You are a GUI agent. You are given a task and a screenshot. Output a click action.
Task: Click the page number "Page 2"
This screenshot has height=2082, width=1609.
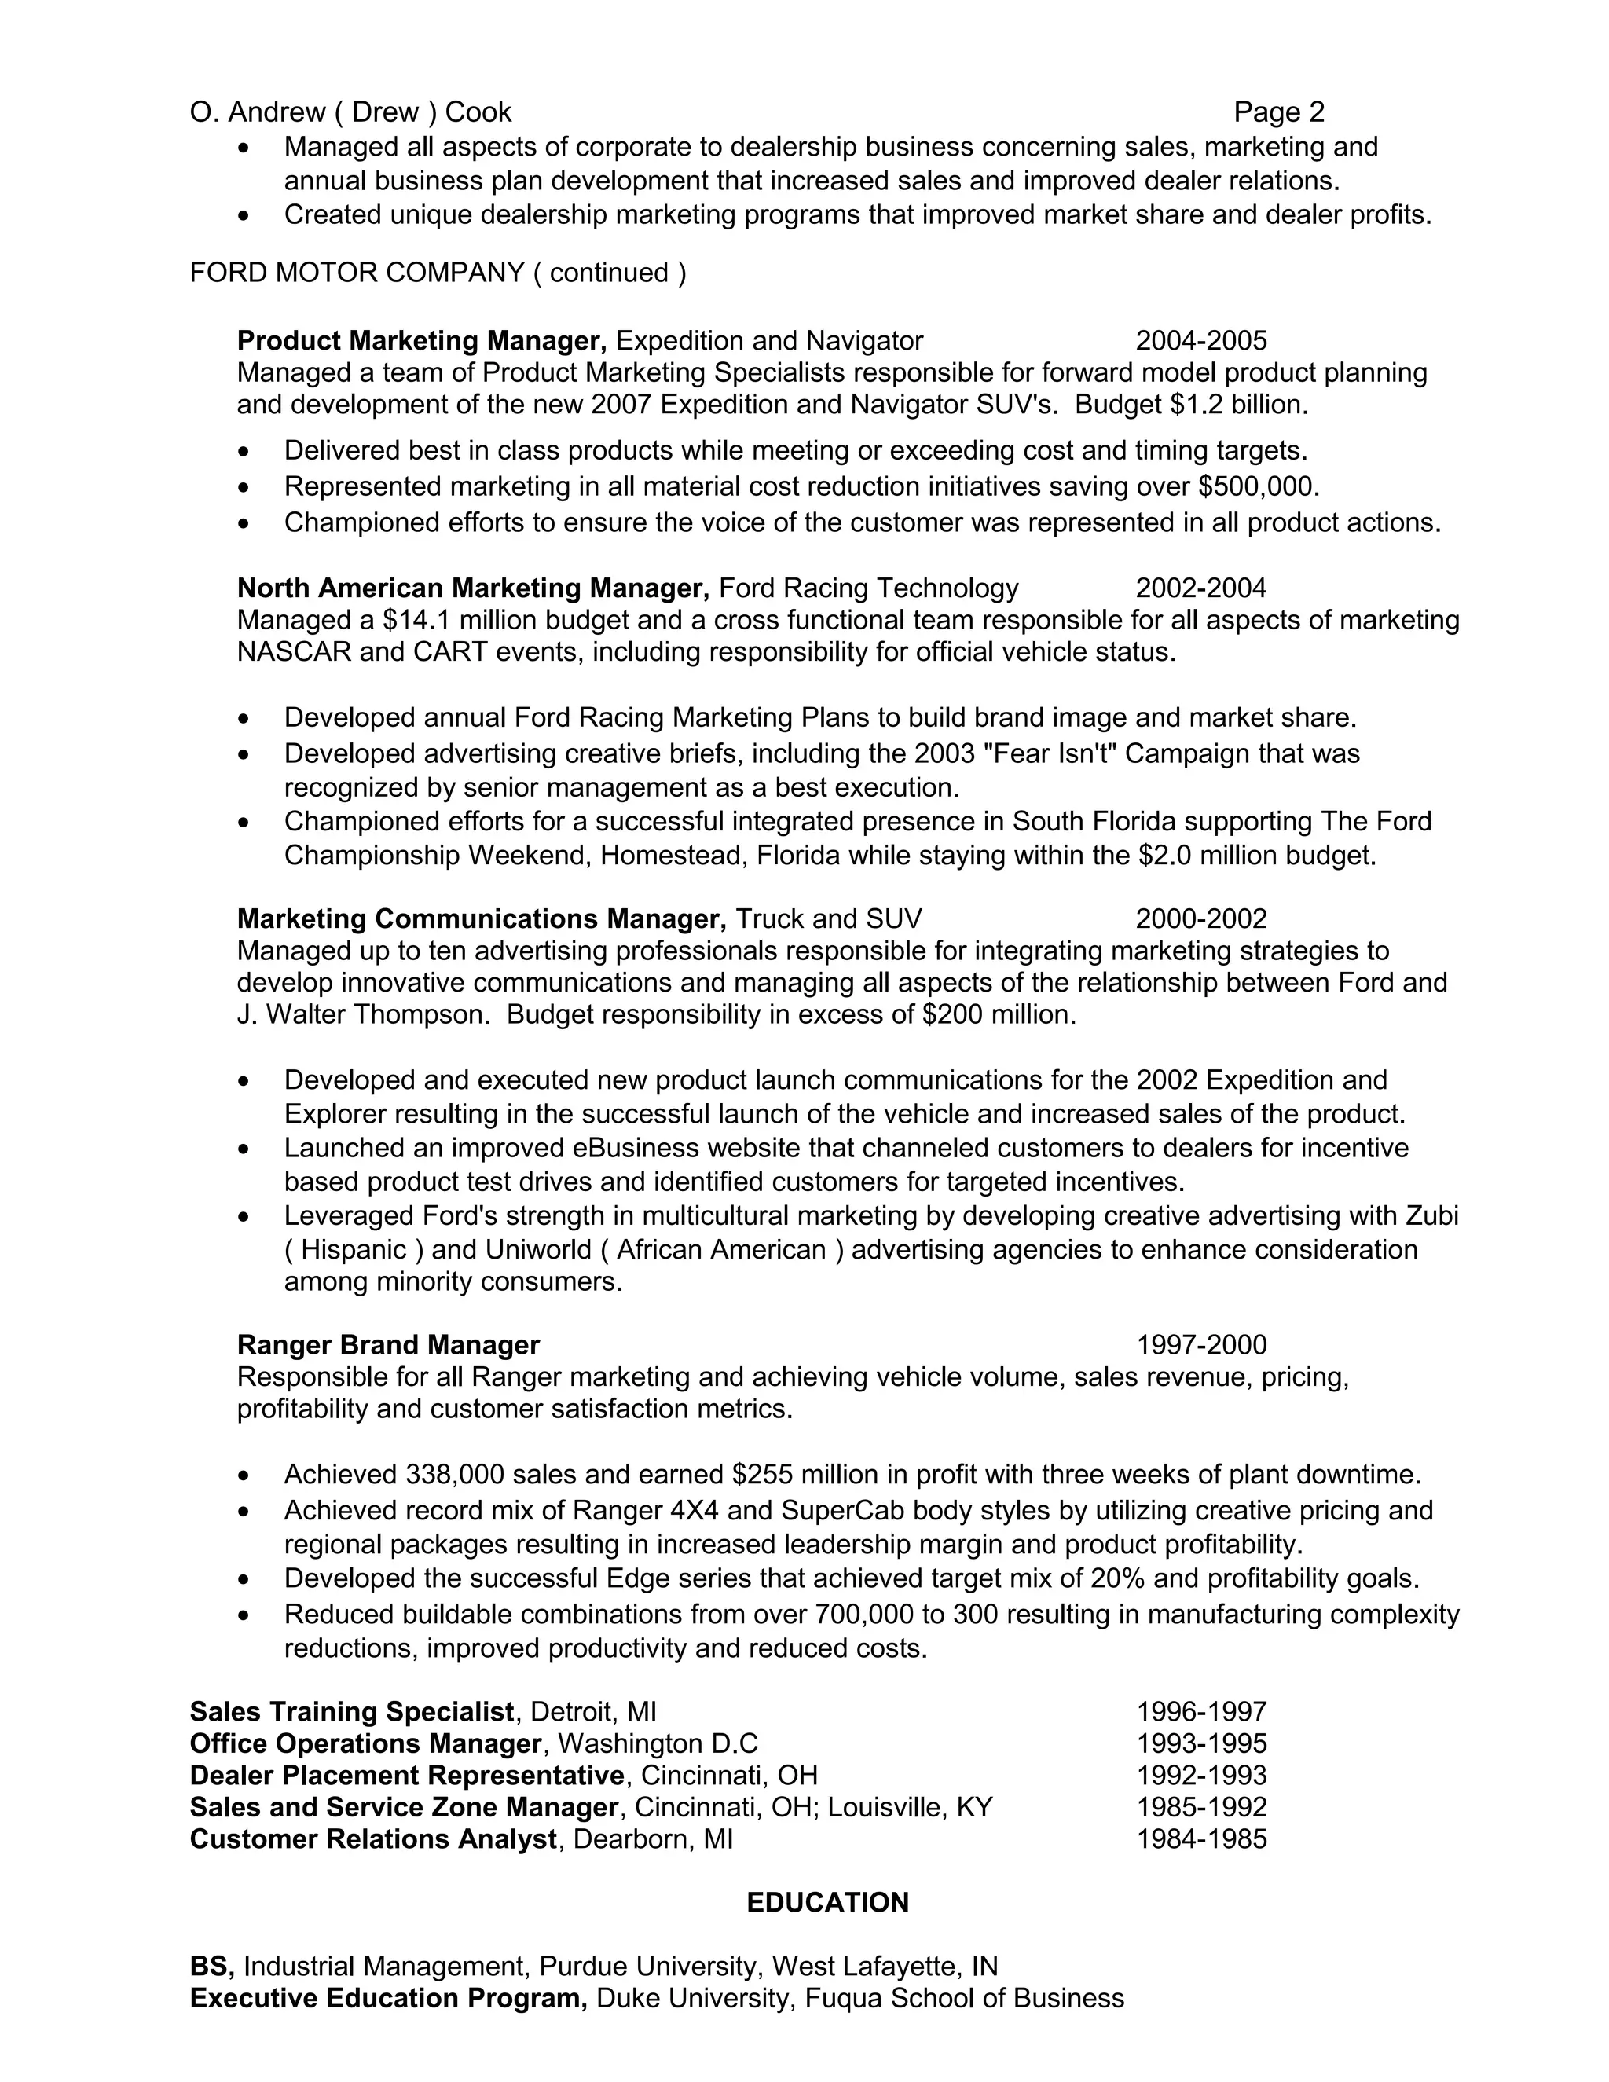tap(1278, 112)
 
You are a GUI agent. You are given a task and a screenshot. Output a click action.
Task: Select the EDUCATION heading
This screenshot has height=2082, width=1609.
tap(826, 1902)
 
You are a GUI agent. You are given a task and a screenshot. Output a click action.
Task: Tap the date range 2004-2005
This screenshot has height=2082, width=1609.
tap(1200, 340)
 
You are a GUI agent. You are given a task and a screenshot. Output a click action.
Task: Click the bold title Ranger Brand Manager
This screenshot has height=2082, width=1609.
tap(388, 1344)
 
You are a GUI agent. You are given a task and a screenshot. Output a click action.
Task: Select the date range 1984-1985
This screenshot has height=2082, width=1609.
tap(1201, 1839)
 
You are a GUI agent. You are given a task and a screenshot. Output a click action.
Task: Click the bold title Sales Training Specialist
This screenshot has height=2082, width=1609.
tap(352, 1711)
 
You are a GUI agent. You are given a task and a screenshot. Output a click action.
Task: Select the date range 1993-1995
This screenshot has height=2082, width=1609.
tap(1201, 1743)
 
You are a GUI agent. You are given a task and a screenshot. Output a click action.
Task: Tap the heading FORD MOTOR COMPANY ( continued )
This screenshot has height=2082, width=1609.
tap(438, 273)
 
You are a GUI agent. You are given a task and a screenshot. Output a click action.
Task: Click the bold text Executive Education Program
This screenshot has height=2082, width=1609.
tap(388, 1998)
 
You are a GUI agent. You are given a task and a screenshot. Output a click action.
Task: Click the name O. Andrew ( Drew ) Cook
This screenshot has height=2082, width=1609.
tap(350, 112)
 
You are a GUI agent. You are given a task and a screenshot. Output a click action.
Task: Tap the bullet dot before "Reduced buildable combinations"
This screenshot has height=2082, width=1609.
tap(246, 1615)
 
